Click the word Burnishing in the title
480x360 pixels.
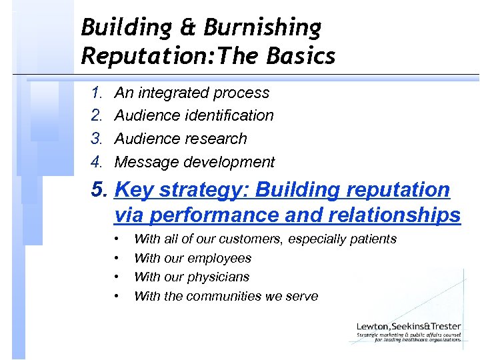[x=263, y=28]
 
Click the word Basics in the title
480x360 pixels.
[x=301, y=56]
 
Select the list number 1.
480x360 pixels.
[x=97, y=93]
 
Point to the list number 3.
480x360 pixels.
[x=97, y=139]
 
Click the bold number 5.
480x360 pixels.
[x=100, y=190]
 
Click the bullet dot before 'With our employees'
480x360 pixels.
[x=117, y=258]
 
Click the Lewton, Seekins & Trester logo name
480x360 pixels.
[x=408, y=326]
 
